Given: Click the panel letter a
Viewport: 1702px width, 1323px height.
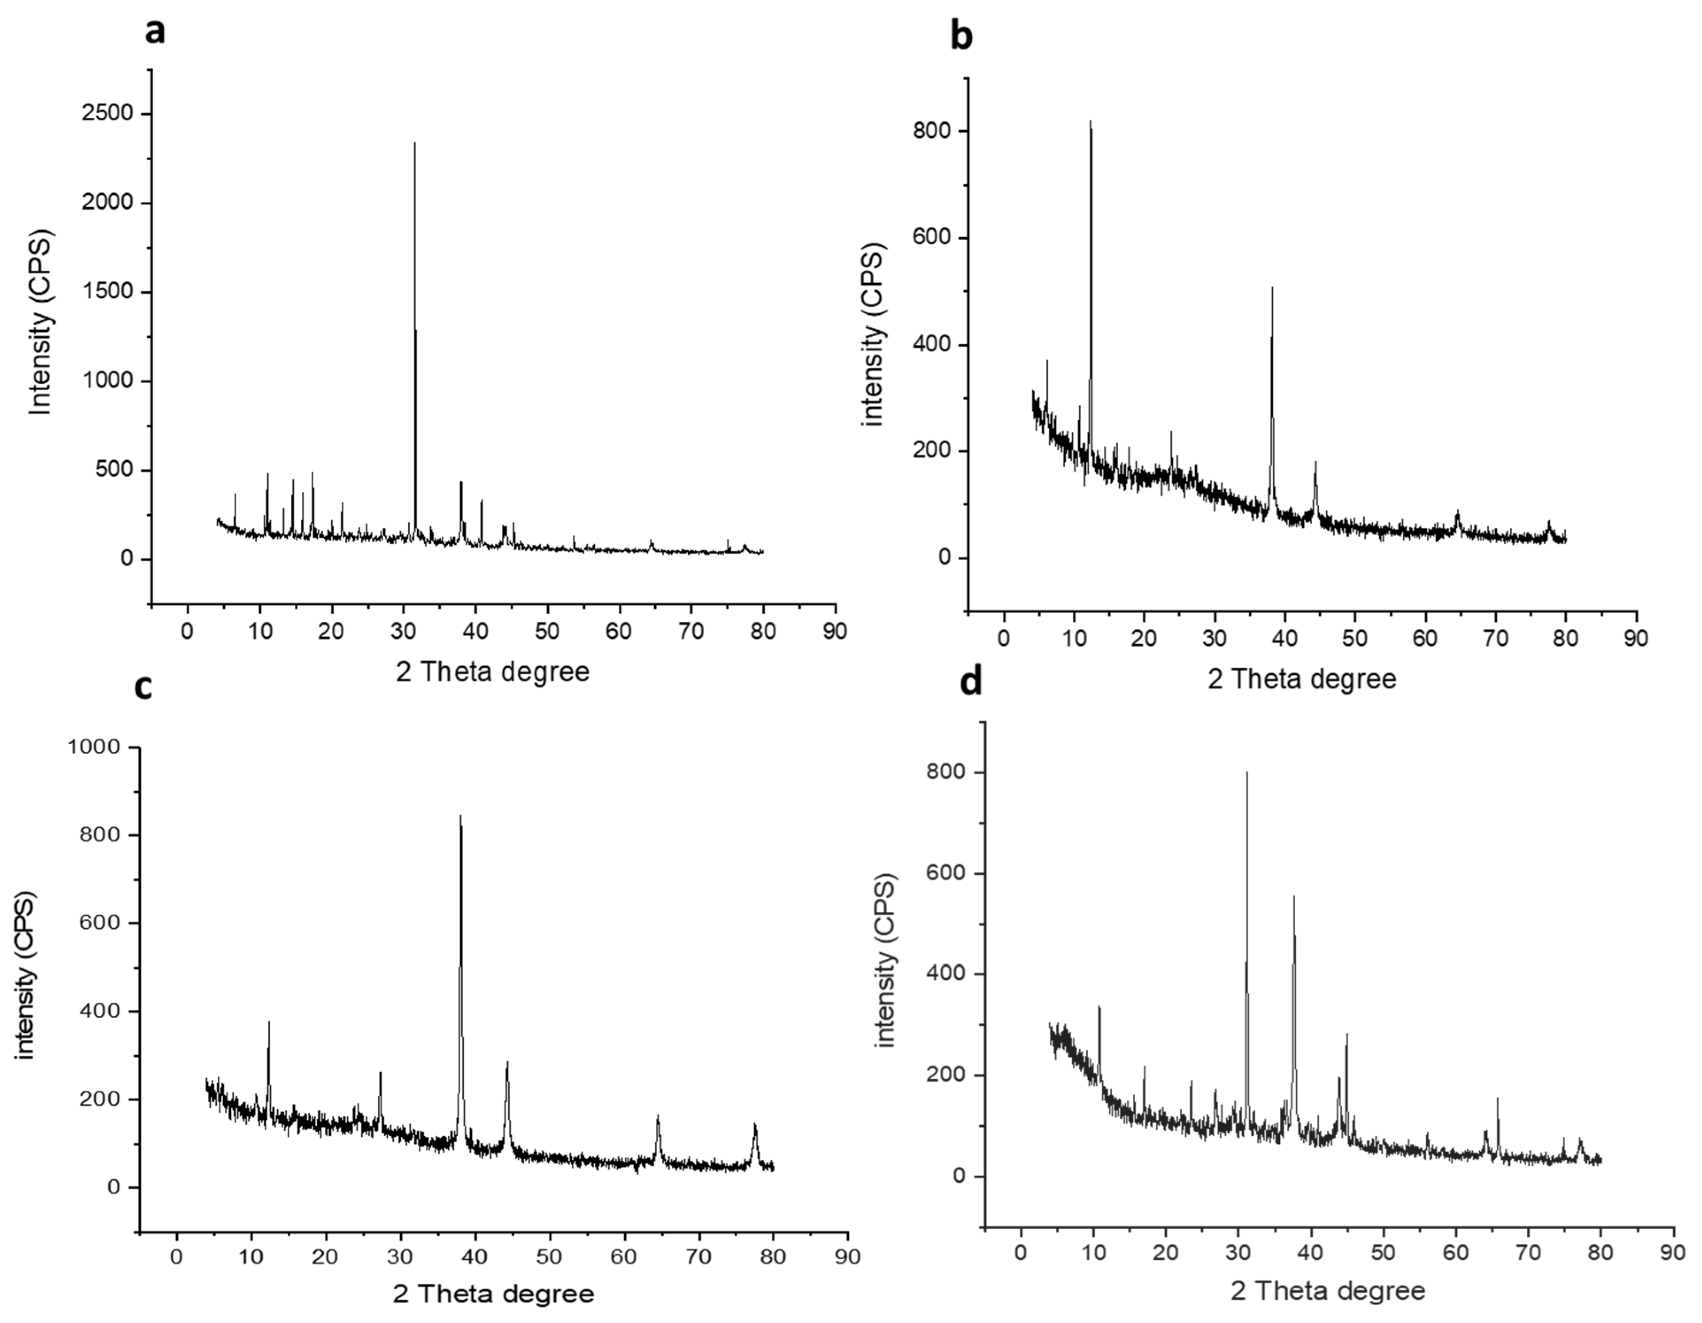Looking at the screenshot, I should coord(156,31).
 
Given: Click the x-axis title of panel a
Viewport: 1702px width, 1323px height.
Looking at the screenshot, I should coord(493,672).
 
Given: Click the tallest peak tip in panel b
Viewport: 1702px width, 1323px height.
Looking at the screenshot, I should coord(1090,122).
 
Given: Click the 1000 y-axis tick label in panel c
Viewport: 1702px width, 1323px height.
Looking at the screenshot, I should coord(93,747).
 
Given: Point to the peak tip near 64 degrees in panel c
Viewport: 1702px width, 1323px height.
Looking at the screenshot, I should coord(658,1116).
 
